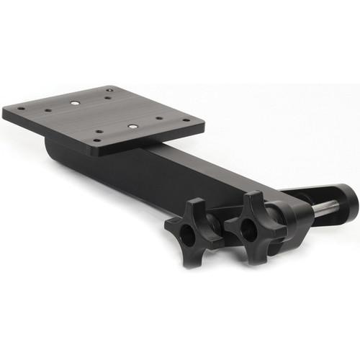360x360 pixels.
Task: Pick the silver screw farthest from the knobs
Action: (75, 102)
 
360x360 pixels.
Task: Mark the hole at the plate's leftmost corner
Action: (20, 110)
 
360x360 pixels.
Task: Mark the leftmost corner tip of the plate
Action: (4, 112)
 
